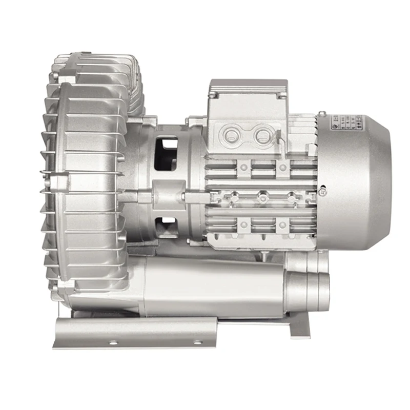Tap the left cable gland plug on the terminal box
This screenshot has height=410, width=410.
[x=232, y=135]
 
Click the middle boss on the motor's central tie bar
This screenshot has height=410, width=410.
[x=262, y=196]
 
